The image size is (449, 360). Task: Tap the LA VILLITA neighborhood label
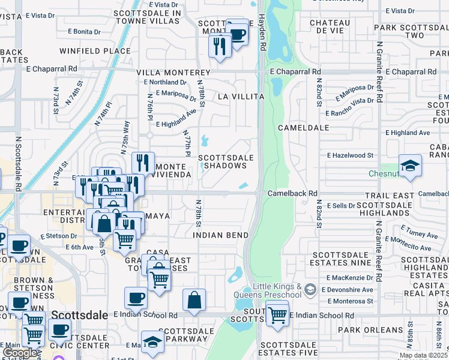point(241,96)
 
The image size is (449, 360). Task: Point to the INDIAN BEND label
point(220,235)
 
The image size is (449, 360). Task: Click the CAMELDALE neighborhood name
point(303,128)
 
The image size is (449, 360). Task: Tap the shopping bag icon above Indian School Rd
point(194,300)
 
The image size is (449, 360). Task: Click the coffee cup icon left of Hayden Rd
point(237,33)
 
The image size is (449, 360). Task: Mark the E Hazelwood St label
point(350,155)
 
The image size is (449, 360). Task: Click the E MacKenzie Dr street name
point(350,278)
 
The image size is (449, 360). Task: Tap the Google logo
point(19,353)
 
